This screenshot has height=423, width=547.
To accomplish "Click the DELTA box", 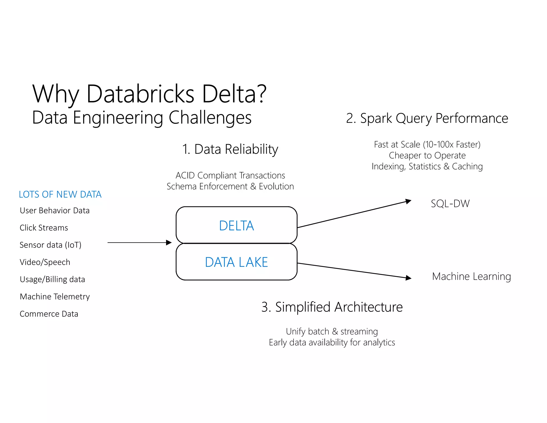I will [x=236, y=225].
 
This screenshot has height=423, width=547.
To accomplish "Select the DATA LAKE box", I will [x=236, y=262].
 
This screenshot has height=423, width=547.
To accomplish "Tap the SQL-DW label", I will [x=450, y=203].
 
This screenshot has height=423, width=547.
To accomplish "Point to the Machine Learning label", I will [x=471, y=276].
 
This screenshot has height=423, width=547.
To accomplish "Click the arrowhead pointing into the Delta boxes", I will [x=169, y=243].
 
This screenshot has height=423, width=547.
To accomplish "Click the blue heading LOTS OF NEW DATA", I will [x=60, y=194].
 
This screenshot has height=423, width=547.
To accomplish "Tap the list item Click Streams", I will [x=44, y=228].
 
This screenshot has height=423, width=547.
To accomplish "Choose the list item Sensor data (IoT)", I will [x=50, y=245].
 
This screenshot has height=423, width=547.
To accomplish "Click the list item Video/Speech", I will [x=45, y=262].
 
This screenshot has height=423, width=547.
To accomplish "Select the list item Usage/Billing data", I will [x=52, y=279].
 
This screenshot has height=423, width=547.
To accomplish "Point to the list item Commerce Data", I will [x=49, y=314].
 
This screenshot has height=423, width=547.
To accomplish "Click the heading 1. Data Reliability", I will [x=230, y=149].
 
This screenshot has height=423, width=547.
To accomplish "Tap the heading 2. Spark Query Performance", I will [x=427, y=118].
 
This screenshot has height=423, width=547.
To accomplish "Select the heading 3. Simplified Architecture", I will [x=332, y=307].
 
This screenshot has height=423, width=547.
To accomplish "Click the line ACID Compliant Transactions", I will [x=230, y=175].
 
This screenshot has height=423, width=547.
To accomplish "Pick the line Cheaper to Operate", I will [x=427, y=155].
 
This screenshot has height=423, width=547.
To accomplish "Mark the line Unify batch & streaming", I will [x=332, y=332].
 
